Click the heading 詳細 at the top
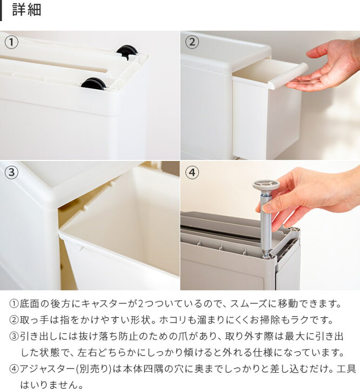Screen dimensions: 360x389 click(26, 10)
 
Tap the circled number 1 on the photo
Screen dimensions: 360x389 click(11, 42)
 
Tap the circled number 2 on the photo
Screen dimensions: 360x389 click(192, 42)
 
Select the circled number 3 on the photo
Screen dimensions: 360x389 click(11, 172)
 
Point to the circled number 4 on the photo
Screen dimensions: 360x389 click(192, 172)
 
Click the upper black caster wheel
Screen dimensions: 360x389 click(127, 51)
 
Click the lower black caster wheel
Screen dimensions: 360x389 click(94, 83)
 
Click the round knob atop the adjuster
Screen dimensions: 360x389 click(266, 185)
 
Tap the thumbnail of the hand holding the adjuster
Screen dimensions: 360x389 click(266, 207)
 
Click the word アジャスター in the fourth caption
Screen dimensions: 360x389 click(47, 369)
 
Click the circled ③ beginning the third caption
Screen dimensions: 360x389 click(14, 337)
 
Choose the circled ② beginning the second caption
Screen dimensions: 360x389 click(14, 320)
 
